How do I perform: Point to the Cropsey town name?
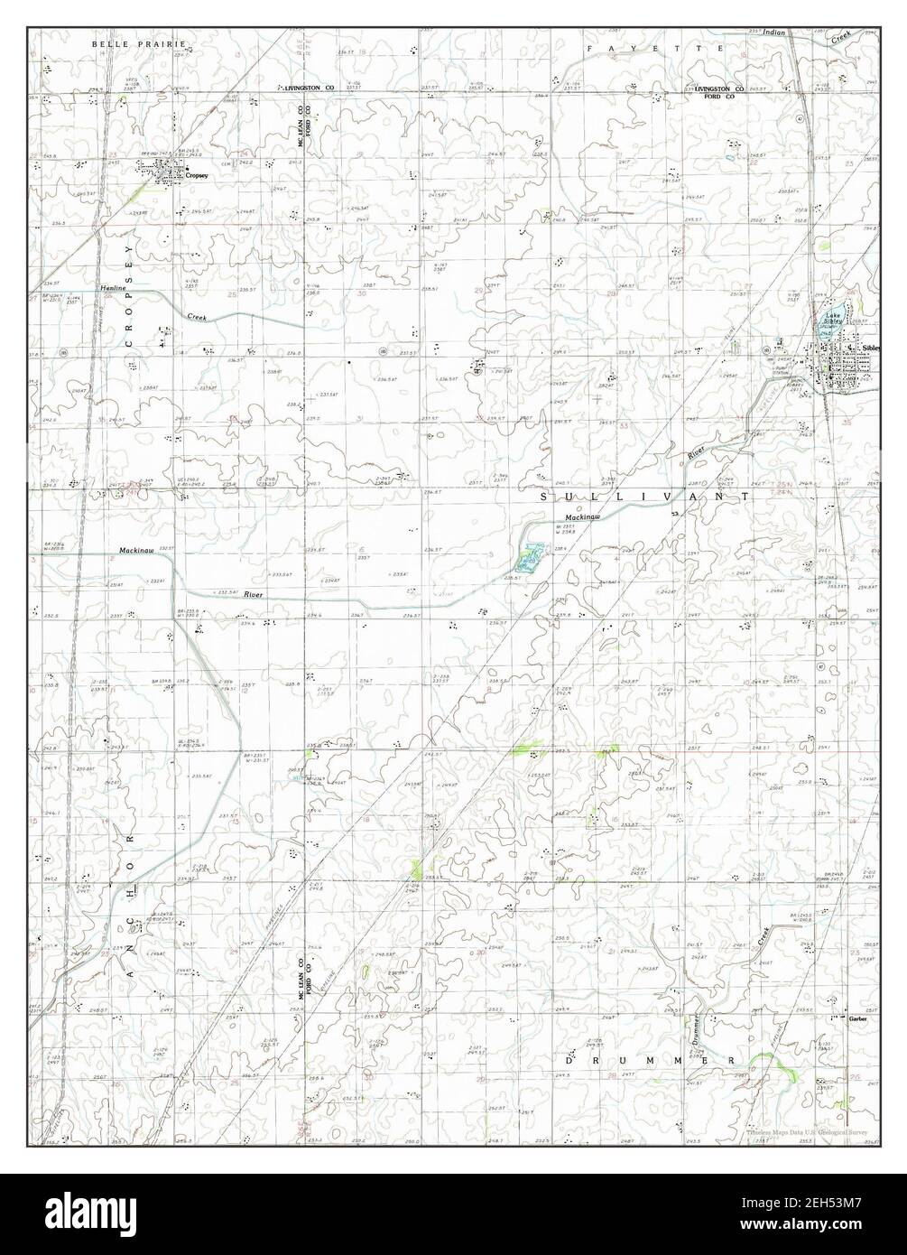(x=197, y=175)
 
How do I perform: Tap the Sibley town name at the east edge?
(x=870, y=348)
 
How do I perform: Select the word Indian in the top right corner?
(x=774, y=32)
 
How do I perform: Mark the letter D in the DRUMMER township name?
(x=570, y=1060)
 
